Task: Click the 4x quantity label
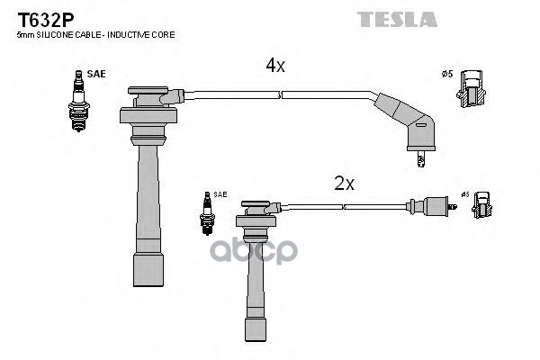pos(274,67)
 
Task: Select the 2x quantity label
pos(345,184)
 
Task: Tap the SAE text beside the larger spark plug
pos(96,74)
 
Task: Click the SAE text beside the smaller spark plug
pos(220,194)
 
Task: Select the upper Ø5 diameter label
pos(446,74)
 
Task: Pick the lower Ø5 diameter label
pos(464,193)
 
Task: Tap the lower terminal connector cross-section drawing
pos(482,206)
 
